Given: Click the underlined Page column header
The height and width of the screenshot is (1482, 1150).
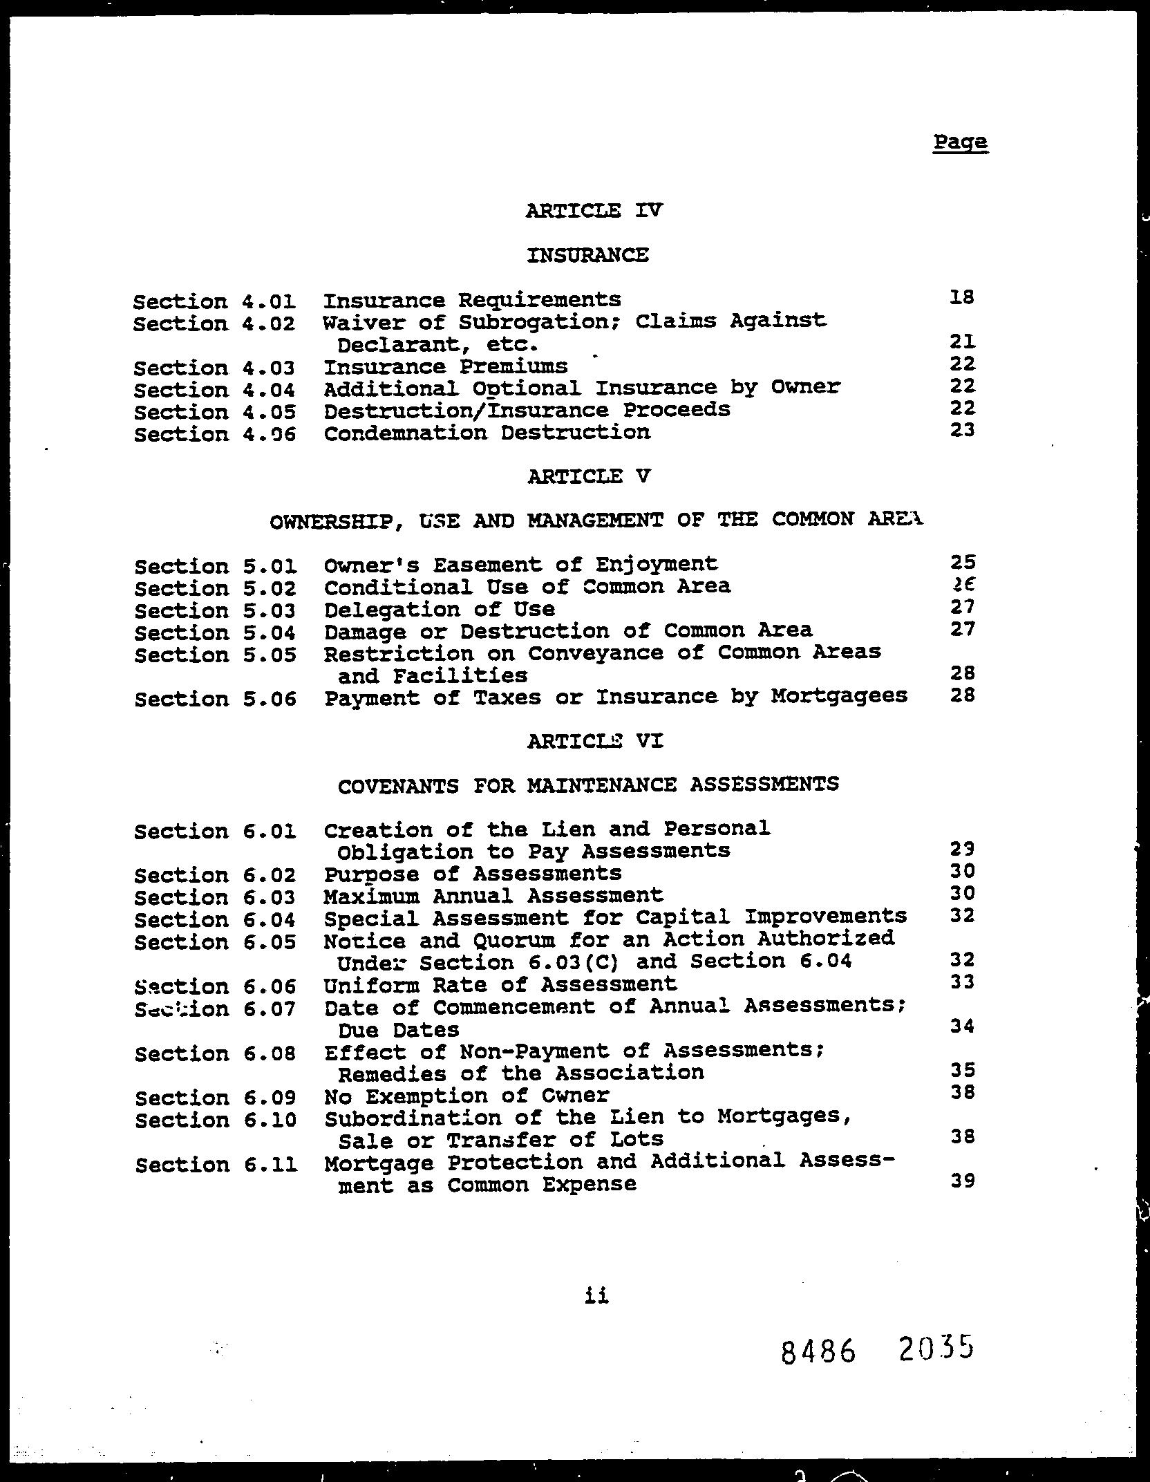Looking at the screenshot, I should click(960, 143).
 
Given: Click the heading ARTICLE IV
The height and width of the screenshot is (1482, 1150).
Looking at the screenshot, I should click(594, 210).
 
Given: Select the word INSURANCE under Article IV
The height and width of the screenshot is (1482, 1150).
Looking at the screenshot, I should click(587, 255).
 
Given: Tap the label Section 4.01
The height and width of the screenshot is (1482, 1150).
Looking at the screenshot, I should click(214, 302).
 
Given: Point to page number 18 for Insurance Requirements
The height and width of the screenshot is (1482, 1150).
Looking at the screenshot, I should click(961, 297).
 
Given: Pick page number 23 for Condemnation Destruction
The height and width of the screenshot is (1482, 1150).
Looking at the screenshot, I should click(962, 430).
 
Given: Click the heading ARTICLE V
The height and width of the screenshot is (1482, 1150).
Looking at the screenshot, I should click(588, 476).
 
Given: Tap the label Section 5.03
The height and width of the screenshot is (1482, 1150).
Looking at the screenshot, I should click(215, 611).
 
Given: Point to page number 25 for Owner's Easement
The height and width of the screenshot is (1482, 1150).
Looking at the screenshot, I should click(962, 563).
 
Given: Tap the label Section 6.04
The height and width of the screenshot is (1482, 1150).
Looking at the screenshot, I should click(215, 920).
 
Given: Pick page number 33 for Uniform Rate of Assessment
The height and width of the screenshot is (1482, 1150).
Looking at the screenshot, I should click(962, 982).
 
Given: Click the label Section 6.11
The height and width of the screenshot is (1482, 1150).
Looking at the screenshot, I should click(216, 1165).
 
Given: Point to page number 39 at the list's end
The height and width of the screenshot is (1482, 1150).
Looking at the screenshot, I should click(962, 1181).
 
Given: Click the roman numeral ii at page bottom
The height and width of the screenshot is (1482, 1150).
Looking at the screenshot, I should click(596, 1296).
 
